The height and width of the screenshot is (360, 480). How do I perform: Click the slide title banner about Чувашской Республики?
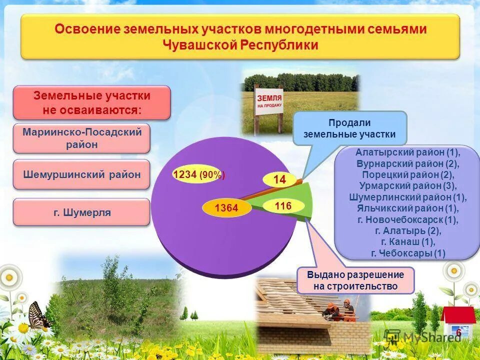point(240,36)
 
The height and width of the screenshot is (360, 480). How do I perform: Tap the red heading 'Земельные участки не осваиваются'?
point(91,102)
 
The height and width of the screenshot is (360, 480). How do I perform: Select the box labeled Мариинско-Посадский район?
point(81,138)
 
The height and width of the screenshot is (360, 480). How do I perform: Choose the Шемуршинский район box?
point(81,174)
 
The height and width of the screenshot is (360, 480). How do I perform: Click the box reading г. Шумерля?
point(81,212)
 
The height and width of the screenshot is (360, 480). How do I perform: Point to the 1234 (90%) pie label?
point(198,175)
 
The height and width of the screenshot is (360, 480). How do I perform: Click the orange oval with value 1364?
point(226,208)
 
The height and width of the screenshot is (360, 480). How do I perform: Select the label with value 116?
point(282,205)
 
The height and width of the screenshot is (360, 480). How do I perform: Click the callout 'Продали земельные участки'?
point(349,128)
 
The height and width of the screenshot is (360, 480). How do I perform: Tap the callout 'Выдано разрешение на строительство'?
point(355,280)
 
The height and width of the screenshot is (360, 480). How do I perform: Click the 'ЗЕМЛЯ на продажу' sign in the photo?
point(269,102)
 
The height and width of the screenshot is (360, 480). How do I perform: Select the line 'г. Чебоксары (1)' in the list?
point(407,253)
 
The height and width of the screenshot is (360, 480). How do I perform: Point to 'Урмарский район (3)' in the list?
point(407,185)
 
